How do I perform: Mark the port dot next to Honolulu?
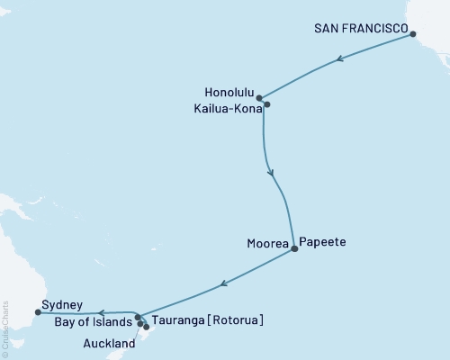(259, 98)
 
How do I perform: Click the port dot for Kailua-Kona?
(265, 104)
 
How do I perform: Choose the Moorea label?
(266, 243)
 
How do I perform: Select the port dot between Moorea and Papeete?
(294, 250)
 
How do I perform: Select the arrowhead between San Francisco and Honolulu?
(338, 59)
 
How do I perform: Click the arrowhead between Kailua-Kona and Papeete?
(271, 166)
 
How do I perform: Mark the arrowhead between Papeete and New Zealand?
(222, 286)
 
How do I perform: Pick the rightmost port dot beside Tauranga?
(146, 327)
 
